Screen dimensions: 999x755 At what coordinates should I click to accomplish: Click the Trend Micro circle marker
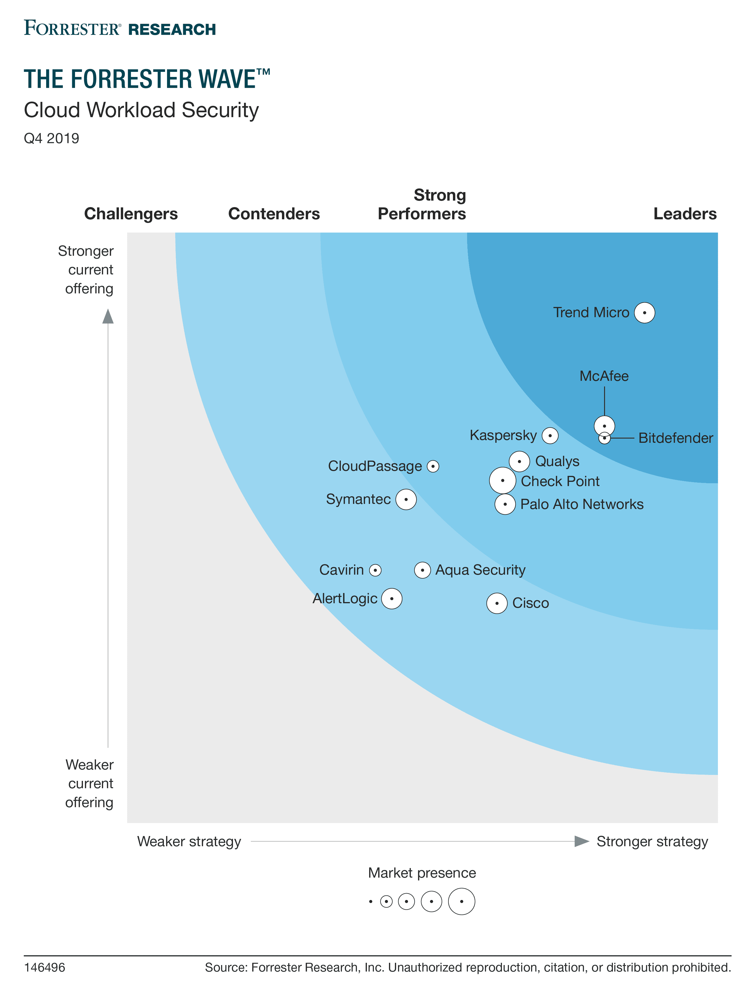(x=644, y=313)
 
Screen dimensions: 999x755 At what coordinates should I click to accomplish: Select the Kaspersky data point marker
(x=550, y=436)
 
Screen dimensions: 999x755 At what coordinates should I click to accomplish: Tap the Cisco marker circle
(x=497, y=603)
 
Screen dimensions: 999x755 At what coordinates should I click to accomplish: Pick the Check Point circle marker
(x=502, y=480)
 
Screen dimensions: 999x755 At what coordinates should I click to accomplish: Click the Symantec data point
(x=406, y=500)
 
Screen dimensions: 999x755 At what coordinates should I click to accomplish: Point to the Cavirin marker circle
(x=375, y=570)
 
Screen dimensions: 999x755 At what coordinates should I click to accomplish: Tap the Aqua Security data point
(x=422, y=570)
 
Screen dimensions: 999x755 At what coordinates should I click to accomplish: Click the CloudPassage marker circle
(x=433, y=466)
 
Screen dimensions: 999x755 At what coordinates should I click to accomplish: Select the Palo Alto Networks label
(x=581, y=504)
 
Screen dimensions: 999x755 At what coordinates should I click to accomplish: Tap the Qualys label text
(x=557, y=461)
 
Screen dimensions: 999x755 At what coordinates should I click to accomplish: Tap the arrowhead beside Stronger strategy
(x=581, y=841)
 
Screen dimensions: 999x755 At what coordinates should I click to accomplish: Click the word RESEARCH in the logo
(x=172, y=30)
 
